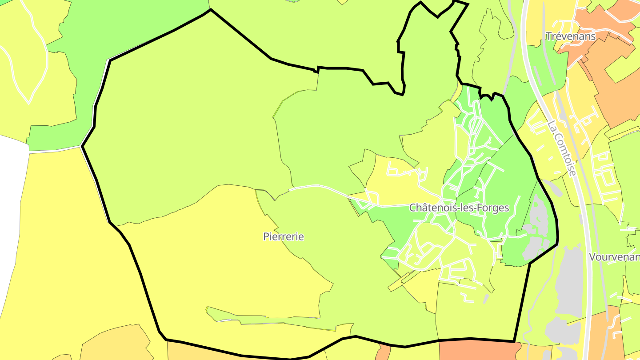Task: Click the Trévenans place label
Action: click(x=571, y=36)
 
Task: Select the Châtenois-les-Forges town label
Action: click(x=459, y=208)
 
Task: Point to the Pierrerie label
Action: click(x=284, y=236)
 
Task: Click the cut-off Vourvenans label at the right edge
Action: click(x=614, y=257)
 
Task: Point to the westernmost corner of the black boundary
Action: click(x=82, y=146)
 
